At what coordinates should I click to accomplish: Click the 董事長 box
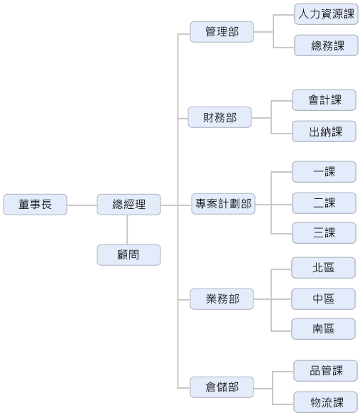(35, 205)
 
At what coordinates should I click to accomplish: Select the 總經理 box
(129, 205)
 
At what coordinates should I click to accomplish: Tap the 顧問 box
(129, 255)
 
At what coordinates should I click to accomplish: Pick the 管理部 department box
(222, 32)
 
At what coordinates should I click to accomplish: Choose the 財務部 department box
(220, 117)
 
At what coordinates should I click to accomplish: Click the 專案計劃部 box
(223, 204)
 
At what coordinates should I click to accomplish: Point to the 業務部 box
(222, 299)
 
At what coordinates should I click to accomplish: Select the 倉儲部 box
(222, 387)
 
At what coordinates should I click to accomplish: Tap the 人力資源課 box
(326, 14)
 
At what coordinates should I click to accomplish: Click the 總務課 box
(326, 45)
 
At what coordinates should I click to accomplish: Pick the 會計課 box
(324, 100)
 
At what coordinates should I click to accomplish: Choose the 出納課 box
(324, 131)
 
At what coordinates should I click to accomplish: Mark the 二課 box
(324, 203)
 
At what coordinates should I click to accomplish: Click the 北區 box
(323, 268)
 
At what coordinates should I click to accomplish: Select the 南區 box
(323, 329)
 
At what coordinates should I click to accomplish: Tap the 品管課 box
(325, 371)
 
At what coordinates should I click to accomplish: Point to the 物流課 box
(325, 402)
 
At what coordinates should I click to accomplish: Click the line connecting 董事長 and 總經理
(82, 205)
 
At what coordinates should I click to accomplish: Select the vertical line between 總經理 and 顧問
(127, 230)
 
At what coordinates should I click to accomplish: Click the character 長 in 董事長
(47, 205)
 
